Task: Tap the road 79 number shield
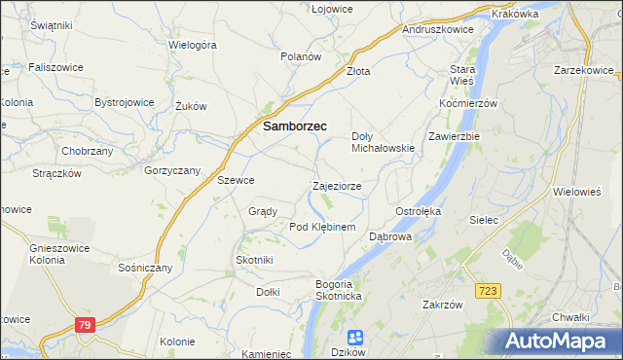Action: (x=85, y=326)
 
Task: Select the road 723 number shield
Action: (x=490, y=291)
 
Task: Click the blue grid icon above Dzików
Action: (x=355, y=337)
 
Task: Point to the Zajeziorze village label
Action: (x=337, y=185)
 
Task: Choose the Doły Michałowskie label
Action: (x=383, y=142)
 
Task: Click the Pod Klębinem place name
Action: (x=322, y=227)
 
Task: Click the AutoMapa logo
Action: (x=556, y=342)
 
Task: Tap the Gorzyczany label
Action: (x=172, y=170)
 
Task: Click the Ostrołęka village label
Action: (x=419, y=211)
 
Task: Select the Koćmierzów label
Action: (x=468, y=103)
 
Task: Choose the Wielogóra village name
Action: (x=192, y=45)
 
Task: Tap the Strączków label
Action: (x=56, y=172)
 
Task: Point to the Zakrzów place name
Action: (x=441, y=304)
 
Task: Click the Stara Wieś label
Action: (x=461, y=76)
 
